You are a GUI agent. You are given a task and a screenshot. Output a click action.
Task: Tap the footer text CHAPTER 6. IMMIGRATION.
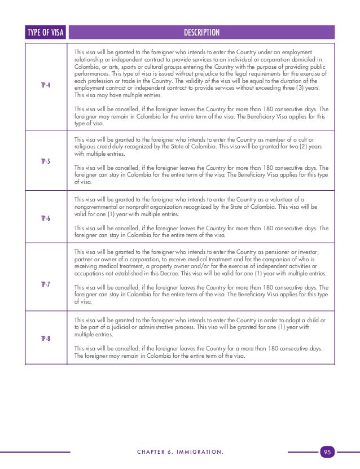pos(180,452)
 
